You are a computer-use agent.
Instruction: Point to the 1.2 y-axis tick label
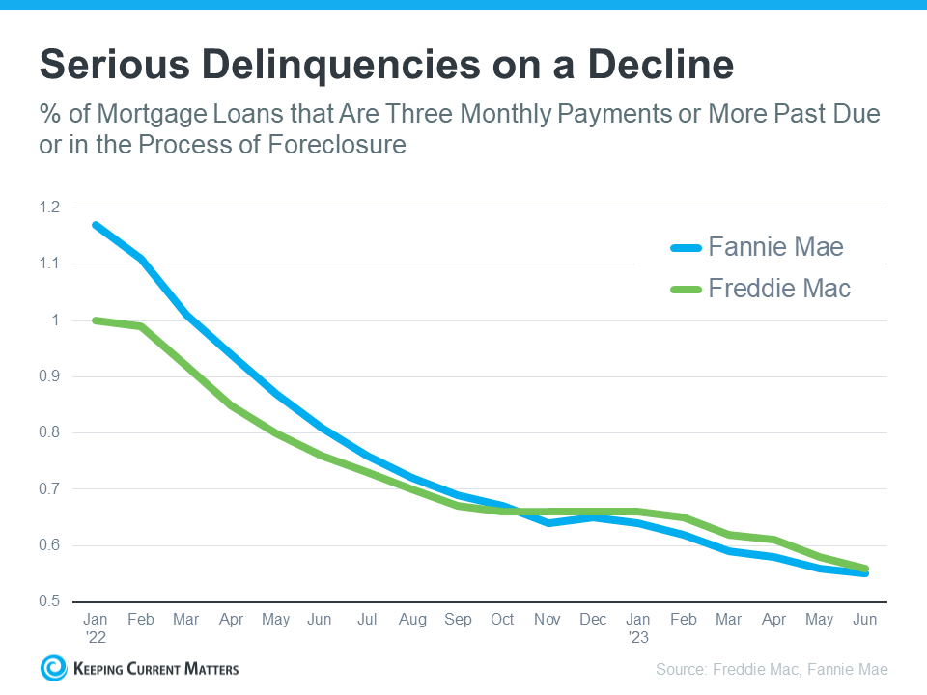(50, 208)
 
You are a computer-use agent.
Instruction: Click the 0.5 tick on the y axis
(50, 601)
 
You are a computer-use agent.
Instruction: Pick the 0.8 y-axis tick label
(50, 432)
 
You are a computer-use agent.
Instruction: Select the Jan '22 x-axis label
(95, 627)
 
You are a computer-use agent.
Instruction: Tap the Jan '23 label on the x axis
(638, 627)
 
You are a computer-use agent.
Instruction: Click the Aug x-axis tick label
(412, 620)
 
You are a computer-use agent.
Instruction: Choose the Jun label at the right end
(865, 620)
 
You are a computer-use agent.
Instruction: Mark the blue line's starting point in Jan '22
(95, 225)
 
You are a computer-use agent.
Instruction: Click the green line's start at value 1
(95, 320)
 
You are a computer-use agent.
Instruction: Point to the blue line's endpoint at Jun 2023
(865, 573)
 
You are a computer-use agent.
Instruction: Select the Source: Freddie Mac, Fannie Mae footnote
(772, 669)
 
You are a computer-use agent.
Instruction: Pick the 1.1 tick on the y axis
(50, 264)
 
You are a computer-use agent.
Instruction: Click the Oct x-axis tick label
(502, 620)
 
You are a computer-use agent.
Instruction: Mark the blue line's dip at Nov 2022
(548, 522)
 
